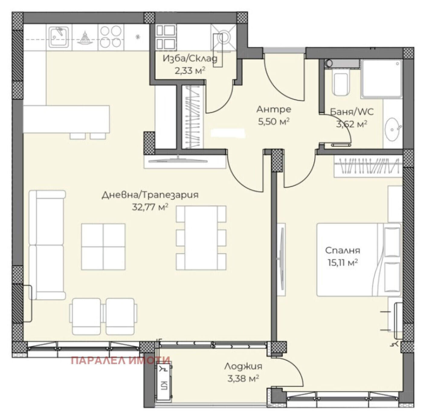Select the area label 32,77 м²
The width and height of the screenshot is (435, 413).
pyautogui.click(x=150, y=207)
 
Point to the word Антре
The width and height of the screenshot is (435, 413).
pyautogui.click(x=274, y=109)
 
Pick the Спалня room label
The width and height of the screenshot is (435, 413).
pyautogui.click(x=343, y=250)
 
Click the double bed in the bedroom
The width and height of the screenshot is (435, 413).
pyautogui.click(x=359, y=260)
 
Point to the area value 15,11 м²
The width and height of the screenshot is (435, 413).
pyautogui.click(x=343, y=263)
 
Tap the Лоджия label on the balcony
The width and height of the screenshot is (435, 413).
pyautogui.click(x=243, y=367)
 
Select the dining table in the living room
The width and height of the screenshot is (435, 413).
pyautogui.click(x=201, y=238)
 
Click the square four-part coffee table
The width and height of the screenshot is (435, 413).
pyautogui.click(x=103, y=247)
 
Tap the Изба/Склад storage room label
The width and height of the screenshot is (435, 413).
pyautogui.click(x=190, y=59)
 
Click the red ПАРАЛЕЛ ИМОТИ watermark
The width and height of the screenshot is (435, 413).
pyautogui.click(x=121, y=360)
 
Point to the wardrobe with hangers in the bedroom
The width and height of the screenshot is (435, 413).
pyautogui.click(x=368, y=166)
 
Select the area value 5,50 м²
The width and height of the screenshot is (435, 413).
pyautogui.click(x=274, y=121)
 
